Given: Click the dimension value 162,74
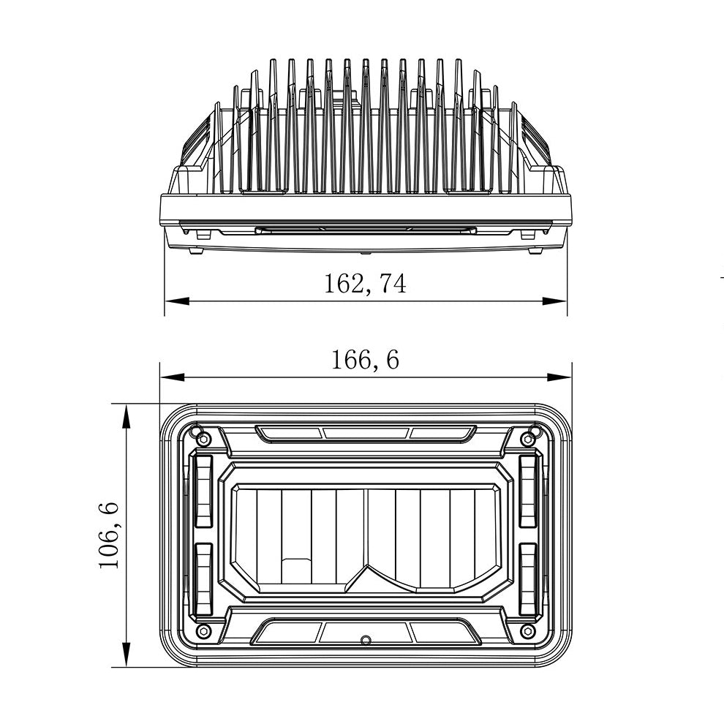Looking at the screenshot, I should tap(365, 283).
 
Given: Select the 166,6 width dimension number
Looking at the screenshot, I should tap(365, 359).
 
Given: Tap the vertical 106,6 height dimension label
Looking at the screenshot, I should tap(108, 535).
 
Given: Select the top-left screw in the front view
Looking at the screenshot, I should tap(204, 439).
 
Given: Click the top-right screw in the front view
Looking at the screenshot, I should tap(527, 439).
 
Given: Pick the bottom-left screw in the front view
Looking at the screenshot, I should tap(204, 630).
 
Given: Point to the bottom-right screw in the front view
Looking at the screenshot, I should tap(527, 630).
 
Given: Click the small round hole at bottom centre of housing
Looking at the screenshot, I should tap(366, 641).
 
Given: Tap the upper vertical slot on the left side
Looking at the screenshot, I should tap(203, 490).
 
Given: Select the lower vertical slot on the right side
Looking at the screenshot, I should tap(528, 579).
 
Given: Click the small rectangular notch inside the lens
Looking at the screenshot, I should tap(296, 570).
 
